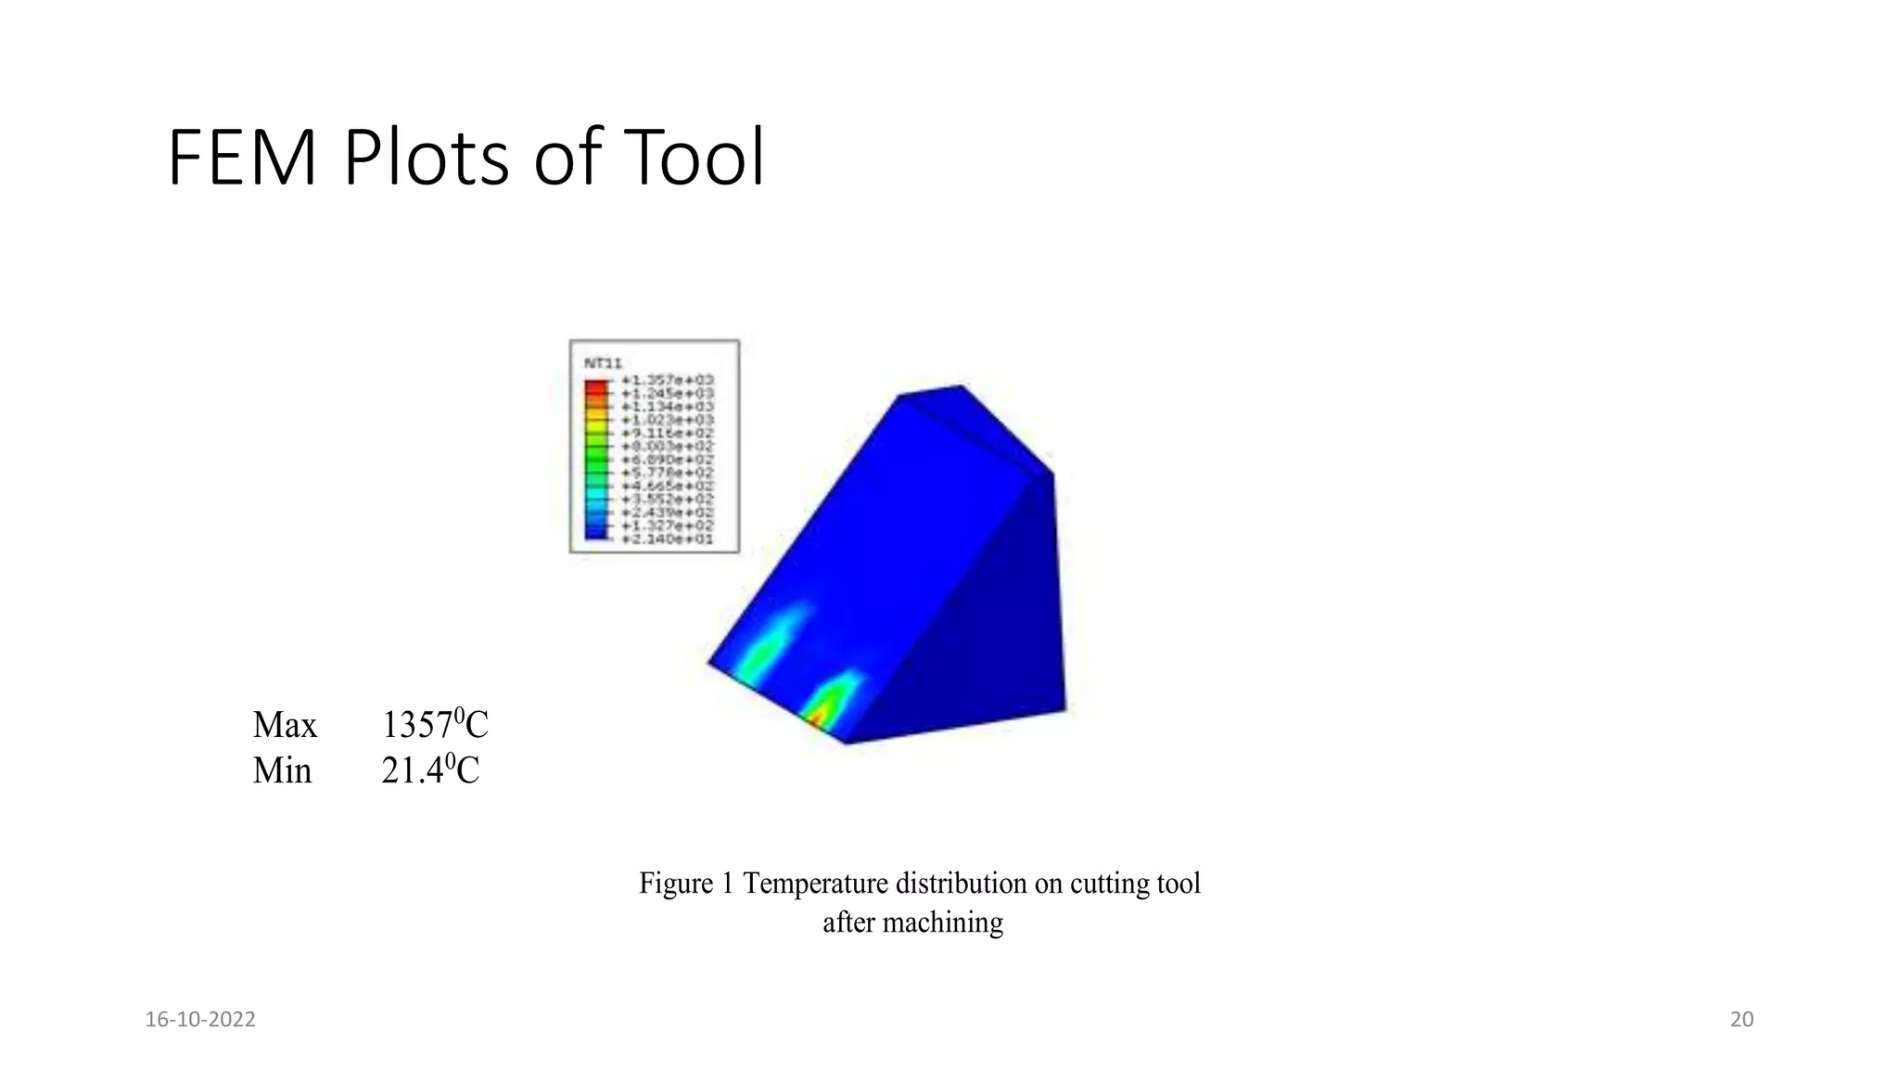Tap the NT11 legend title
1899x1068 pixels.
(x=603, y=363)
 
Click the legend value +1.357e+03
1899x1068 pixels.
(x=667, y=380)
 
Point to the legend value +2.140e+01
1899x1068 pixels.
(x=667, y=539)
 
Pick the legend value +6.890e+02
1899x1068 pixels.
(x=667, y=460)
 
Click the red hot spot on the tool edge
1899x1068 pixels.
(x=817, y=719)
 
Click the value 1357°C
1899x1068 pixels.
(x=434, y=724)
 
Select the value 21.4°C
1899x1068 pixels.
(x=429, y=770)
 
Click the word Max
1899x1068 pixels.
(x=285, y=725)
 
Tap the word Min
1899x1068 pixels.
(x=282, y=771)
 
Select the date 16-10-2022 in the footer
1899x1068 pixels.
(x=200, y=1020)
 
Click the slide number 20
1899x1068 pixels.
(x=1741, y=1020)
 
